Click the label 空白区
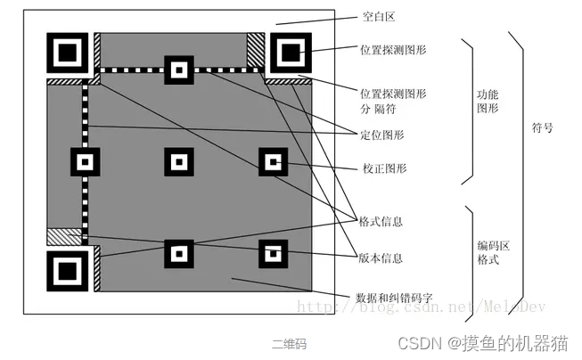(x=379, y=17)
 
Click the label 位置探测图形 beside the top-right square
(x=392, y=50)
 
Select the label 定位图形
(x=381, y=135)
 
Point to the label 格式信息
(x=381, y=220)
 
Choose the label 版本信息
(x=381, y=258)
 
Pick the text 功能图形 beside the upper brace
(x=488, y=99)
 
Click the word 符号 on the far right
(x=542, y=127)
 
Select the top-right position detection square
(x=290, y=53)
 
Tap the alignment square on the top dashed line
(x=179, y=70)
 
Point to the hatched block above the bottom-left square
(x=65, y=237)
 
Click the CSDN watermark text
(x=482, y=342)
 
